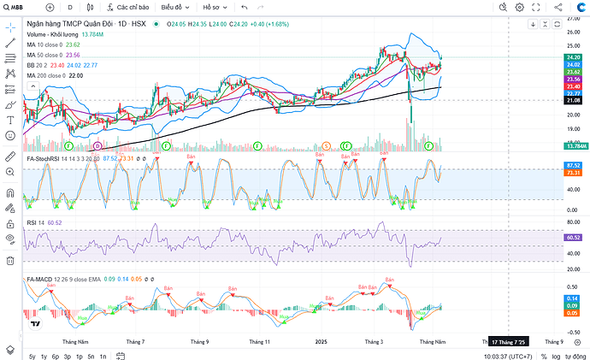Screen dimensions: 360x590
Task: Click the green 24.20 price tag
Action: tap(573, 57)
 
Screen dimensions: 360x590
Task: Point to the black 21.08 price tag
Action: tap(573, 100)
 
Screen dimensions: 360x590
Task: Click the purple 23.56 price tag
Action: tap(573, 79)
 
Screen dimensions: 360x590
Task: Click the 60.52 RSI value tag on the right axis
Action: tap(573, 237)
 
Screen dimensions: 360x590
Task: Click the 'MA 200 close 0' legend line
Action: tap(54, 76)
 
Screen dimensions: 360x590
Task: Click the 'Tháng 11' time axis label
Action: tap(261, 340)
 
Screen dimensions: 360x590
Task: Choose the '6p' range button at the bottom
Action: tap(55, 355)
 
